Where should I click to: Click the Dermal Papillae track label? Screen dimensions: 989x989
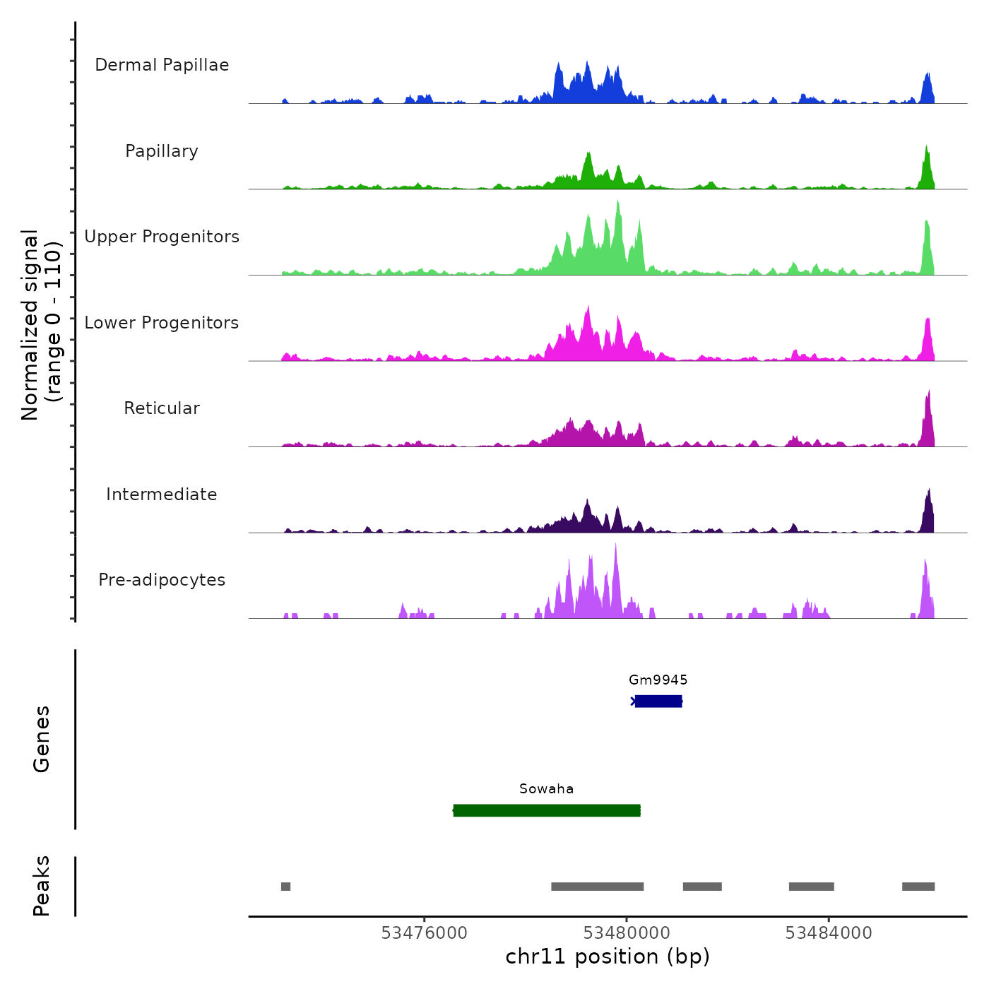tap(162, 65)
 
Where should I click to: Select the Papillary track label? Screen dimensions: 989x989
tap(162, 151)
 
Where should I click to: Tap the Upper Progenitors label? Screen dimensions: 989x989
tap(162, 237)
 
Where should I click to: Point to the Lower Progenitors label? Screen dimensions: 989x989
tap(162, 323)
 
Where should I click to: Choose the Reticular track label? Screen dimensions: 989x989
tap(162, 408)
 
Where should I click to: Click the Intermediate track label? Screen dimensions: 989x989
tap(162, 494)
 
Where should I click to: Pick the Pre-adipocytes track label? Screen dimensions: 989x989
tap(162, 580)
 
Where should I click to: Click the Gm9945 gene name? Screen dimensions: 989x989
tap(658, 680)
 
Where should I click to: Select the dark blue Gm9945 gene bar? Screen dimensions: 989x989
tap(658, 701)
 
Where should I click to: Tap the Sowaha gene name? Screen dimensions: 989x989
tap(546, 788)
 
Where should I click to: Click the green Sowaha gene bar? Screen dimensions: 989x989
tap(547, 810)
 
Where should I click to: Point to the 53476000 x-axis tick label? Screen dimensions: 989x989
tap(424, 933)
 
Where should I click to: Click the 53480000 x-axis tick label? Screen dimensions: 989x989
tap(627, 933)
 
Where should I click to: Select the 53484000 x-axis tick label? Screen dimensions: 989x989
tap(829, 933)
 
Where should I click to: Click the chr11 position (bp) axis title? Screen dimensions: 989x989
tap(608, 957)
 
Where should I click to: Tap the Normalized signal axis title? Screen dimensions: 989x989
tap(41, 325)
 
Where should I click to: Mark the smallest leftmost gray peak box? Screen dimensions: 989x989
tap(285, 887)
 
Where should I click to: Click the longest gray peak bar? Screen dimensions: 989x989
tap(597, 887)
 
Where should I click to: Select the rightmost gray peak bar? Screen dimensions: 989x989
tap(918, 887)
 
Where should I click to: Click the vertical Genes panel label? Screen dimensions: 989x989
tap(42, 739)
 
